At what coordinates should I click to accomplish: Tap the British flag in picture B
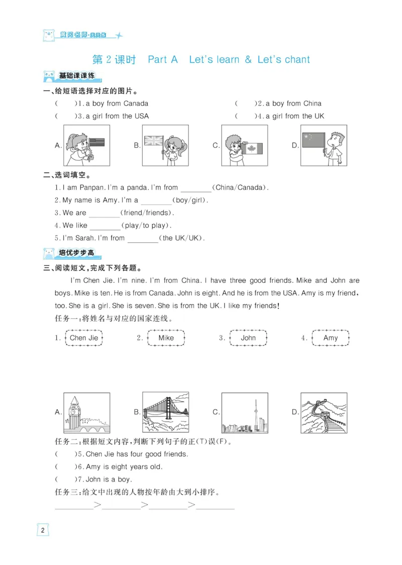(153, 140)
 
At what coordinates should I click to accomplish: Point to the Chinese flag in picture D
(313, 140)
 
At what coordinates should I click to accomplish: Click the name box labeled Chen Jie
(84, 338)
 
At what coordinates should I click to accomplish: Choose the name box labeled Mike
(166, 338)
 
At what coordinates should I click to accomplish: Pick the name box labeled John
(248, 338)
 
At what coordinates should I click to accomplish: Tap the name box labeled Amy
(330, 338)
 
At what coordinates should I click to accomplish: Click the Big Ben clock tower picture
(87, 413)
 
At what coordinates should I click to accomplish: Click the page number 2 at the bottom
(43, 530)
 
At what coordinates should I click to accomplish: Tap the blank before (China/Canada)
(195, 188)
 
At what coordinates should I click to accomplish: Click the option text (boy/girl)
(190, 200)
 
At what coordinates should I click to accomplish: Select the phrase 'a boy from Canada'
(117, 104)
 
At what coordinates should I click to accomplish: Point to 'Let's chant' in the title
(283, 59)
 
